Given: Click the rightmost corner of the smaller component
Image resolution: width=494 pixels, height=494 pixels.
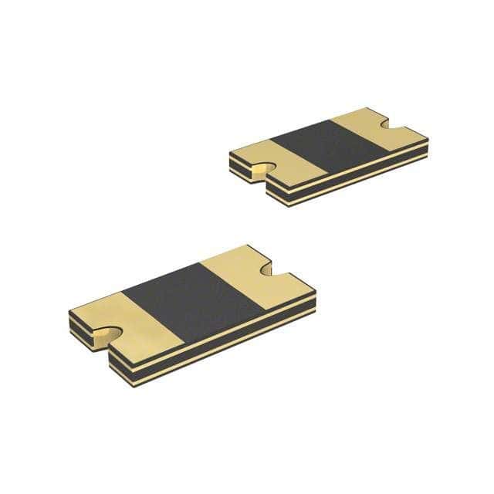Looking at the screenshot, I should coord(428,144).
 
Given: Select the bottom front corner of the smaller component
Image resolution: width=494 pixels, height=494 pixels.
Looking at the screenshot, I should coord(274,202).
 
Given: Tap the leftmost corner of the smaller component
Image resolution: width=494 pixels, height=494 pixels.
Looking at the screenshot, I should coord(230,155).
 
